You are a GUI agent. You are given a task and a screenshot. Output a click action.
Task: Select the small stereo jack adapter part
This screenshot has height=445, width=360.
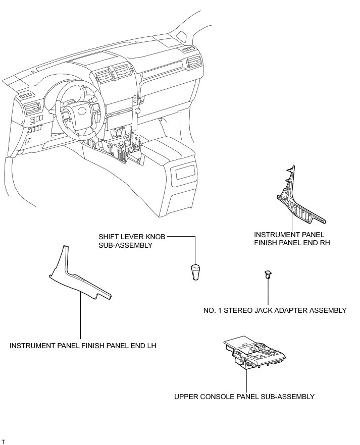[267, 274]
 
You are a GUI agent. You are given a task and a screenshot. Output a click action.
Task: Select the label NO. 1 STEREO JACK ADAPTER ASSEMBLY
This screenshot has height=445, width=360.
[273, 310]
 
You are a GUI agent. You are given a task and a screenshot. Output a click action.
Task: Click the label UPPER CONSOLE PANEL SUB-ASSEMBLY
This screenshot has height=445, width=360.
[244, 397]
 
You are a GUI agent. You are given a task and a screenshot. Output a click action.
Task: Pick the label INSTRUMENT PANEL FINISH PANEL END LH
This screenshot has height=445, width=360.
[83, 346]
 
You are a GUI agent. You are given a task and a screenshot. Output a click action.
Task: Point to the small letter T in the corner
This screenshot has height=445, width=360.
[3, 441]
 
